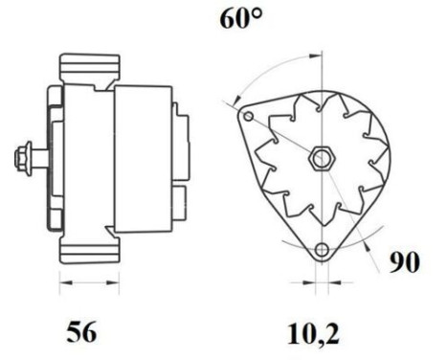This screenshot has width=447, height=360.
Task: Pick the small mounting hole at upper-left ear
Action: (249, 117)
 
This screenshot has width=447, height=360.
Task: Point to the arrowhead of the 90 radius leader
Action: (369, 241)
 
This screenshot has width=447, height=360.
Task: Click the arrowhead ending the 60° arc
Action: (233, 99)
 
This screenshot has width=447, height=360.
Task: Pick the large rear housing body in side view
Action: (144, 158)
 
